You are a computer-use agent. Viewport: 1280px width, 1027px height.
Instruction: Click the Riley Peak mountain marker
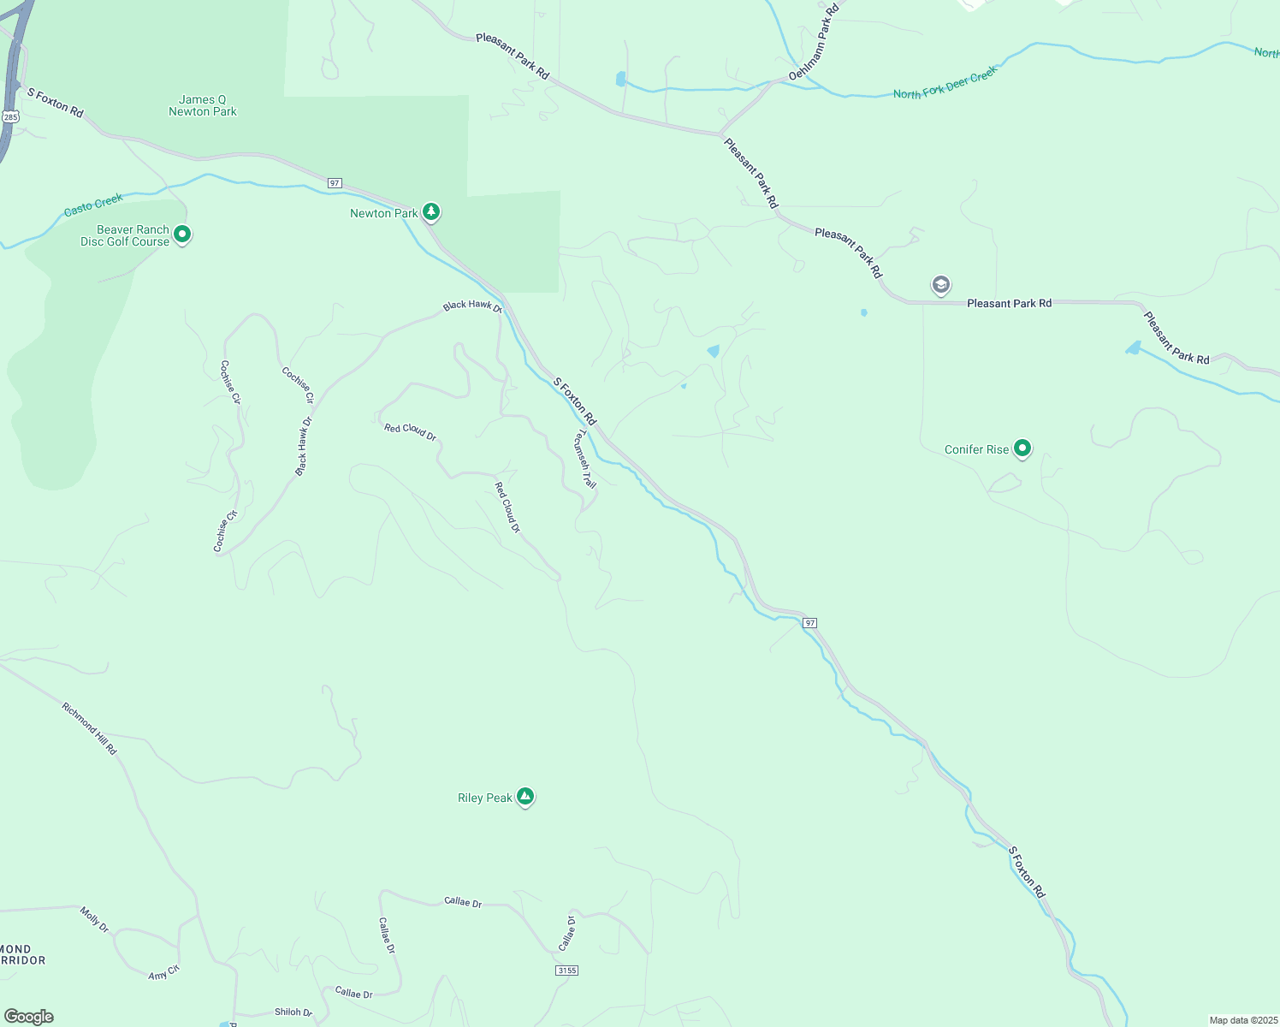pos(525,797)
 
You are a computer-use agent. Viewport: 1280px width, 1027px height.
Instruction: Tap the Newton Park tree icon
pos(431,211)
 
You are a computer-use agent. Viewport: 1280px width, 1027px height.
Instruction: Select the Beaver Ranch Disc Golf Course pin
pos(181,234)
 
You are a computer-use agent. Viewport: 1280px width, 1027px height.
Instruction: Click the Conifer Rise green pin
pos(1022,448)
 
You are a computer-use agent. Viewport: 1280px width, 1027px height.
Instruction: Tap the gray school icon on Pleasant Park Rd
pos(941,285)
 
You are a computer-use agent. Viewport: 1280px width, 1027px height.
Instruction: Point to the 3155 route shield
pos(566,971)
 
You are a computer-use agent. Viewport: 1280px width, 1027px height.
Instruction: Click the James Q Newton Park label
pos(203,105)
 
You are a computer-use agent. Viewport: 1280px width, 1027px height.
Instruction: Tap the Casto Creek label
pos(94,205)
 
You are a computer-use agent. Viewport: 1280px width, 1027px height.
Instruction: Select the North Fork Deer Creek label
pos(945,84)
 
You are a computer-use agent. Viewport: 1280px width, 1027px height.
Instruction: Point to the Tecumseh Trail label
pos(584,458)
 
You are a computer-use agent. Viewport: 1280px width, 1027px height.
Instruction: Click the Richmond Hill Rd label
pos(89,728)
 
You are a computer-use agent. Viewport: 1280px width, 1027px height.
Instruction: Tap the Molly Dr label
pos(94,919)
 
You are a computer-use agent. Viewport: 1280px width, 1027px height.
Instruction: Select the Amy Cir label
pos(163,973)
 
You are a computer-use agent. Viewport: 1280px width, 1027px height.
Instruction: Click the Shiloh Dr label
pos(293,1012)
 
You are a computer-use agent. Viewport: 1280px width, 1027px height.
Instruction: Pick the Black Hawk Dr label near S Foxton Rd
pos(471,306)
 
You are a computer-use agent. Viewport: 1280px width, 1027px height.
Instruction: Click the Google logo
pos(29,1017)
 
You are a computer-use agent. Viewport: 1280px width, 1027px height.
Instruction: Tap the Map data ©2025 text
pos(1242,1020)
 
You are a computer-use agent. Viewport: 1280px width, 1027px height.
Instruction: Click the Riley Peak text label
pos(485,798)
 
